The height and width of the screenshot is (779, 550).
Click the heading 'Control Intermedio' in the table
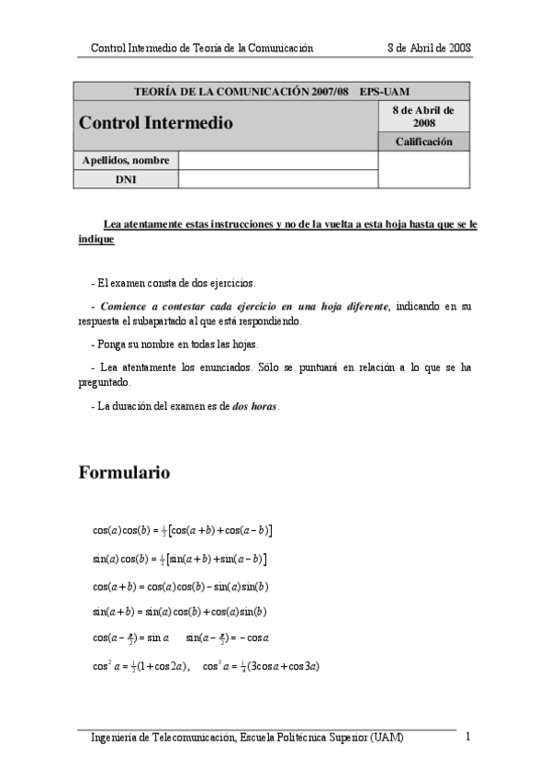tap(156, 122)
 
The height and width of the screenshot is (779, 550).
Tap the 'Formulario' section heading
tap(125, 473)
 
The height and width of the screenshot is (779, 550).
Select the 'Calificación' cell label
tap(423, 141)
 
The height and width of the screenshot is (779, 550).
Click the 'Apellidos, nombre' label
tap(126, 161)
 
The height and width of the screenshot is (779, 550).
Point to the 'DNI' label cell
tap(126, 179)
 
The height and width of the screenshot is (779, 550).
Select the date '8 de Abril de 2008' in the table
tap(423, 116)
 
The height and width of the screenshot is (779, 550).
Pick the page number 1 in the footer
tap(467, 737)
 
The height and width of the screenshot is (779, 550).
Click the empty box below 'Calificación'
tap(423, 170)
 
